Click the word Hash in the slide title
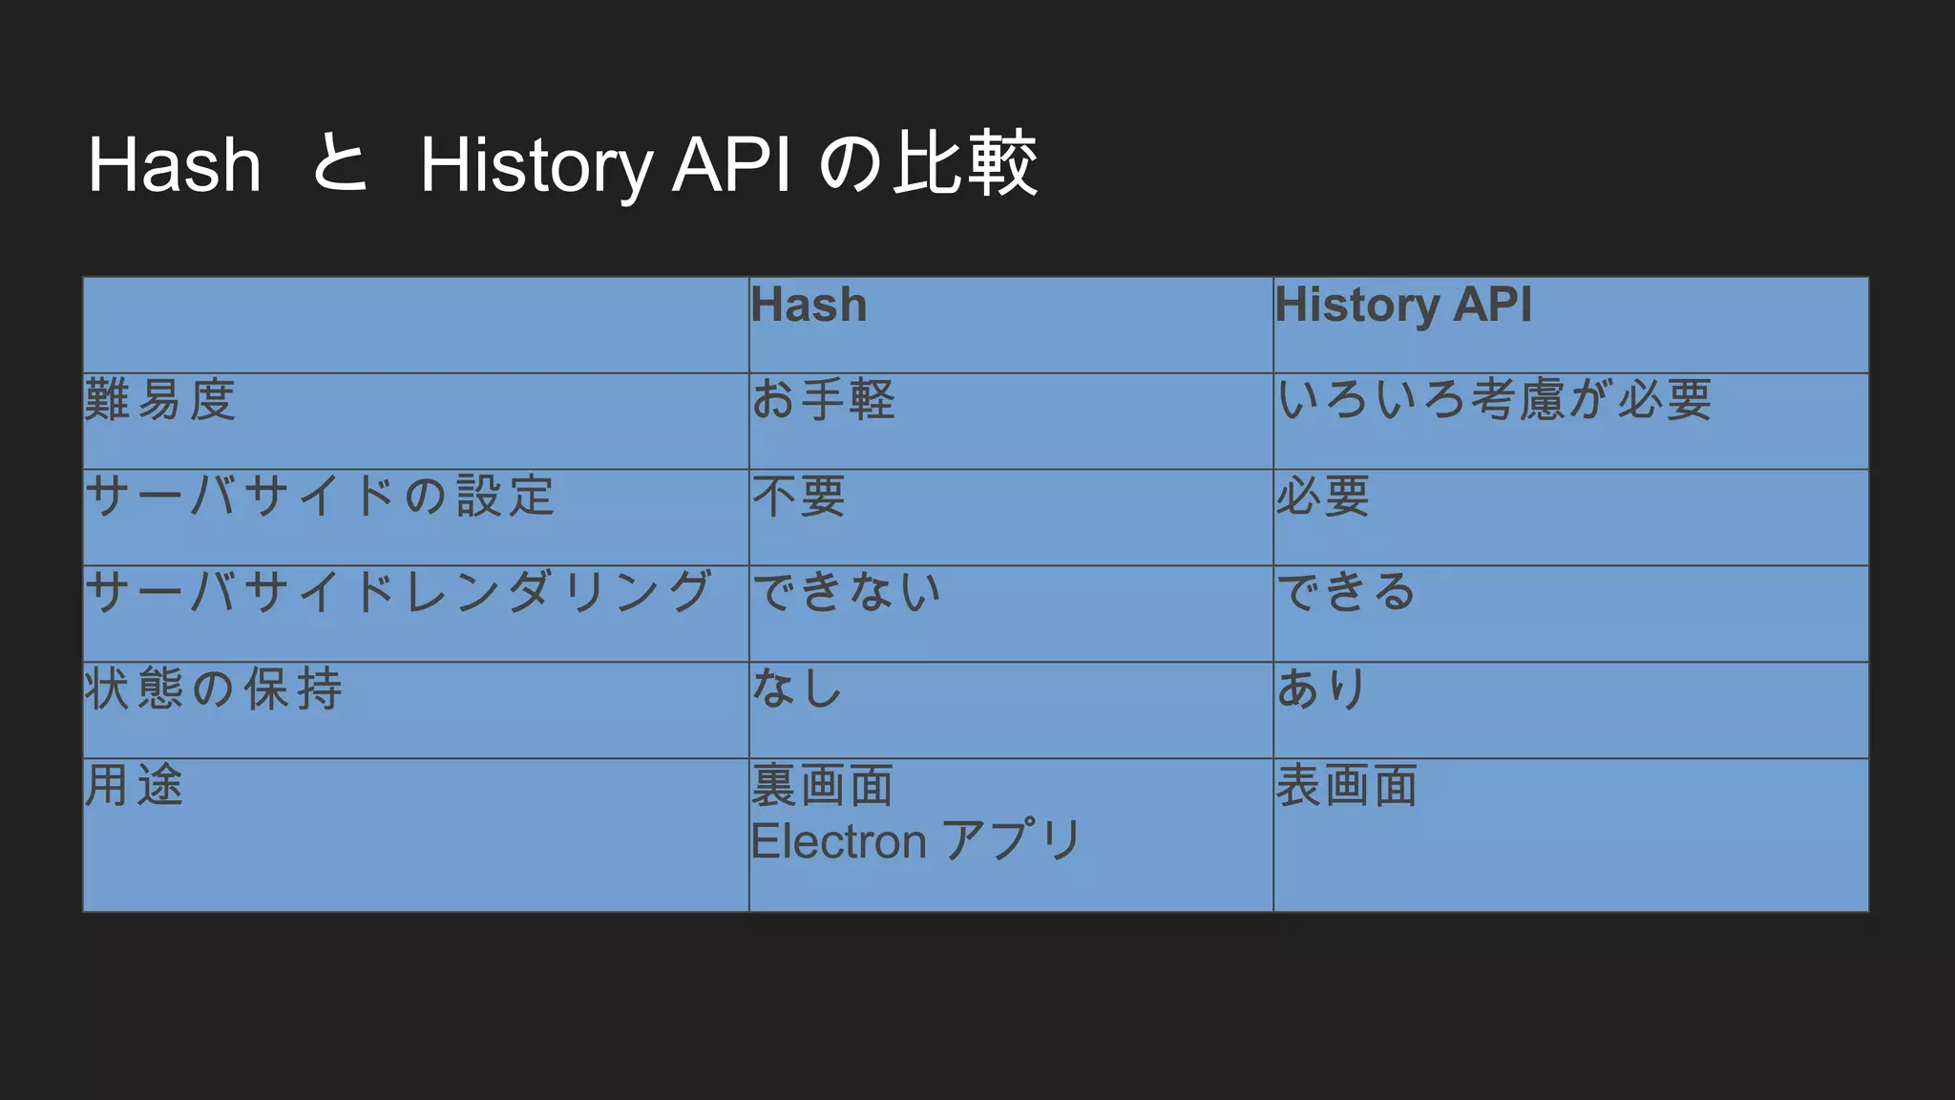pos(175,165)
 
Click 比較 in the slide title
pos(965,164)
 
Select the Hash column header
pos(809,306)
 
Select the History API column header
pos(1403,306)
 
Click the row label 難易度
pos(159,400)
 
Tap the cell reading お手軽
pos(823,400)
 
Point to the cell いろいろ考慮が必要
pos(1494,400)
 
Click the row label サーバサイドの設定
pos(320,497)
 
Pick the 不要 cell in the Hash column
pos(798,497)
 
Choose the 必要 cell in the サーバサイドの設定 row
pos(1323,497)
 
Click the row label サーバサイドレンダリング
pos(398,593)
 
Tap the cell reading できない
pos(846,593)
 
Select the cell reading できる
pos(1346,593)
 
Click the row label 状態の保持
pos(213,689)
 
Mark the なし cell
pos(797,689)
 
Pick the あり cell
pos(1322,689)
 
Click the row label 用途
pos(134,786)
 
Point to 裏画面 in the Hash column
pos(822,786)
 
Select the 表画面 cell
pos(1347,786)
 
